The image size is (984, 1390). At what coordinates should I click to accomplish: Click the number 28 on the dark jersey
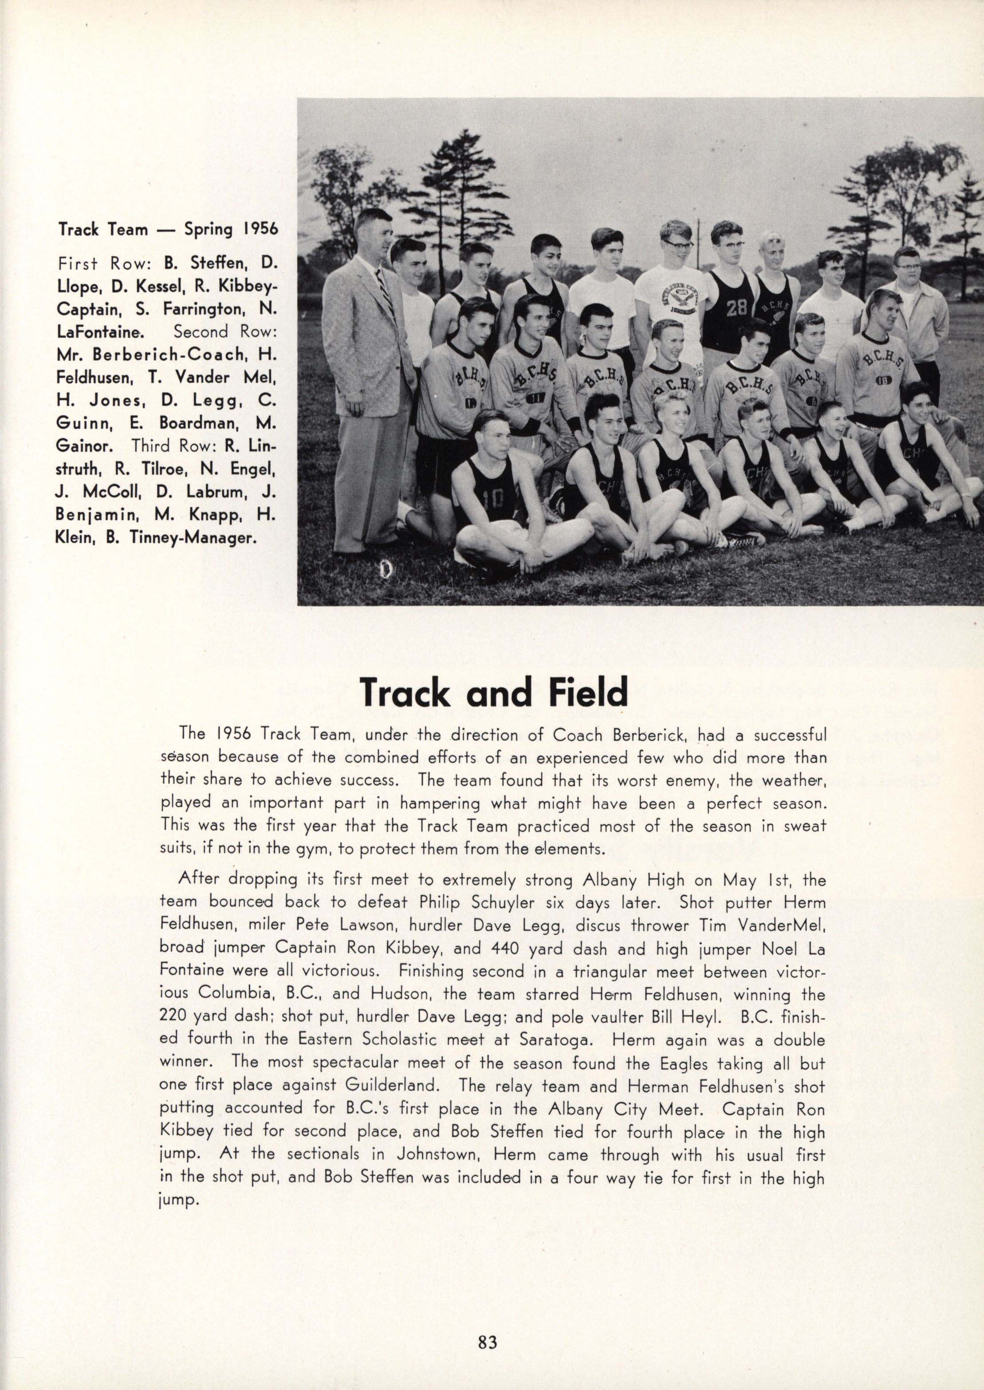pyautogui.click(x=737, y=308)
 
